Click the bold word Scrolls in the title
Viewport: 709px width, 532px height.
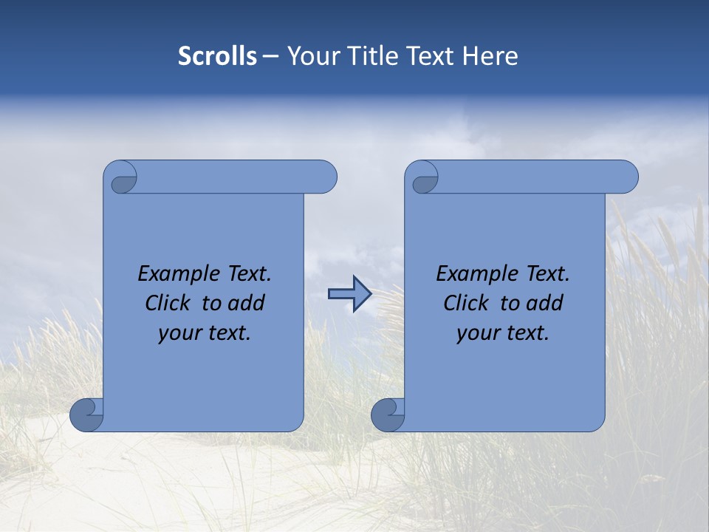click(x=217, y=56)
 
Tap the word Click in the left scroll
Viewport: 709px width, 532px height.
click(x=166, y=303)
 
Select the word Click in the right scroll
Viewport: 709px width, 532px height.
click(x=465, y=303)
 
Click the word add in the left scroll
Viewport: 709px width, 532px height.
click(x=247, y=303)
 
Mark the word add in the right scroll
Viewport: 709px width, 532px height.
click(x=545, y=303)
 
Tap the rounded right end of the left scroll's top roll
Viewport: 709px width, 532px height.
click(x=325, y=177)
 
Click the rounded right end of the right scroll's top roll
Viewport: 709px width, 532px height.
click(x=626, y=177)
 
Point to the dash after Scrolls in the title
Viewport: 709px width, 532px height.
click(x=271, y=57)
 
